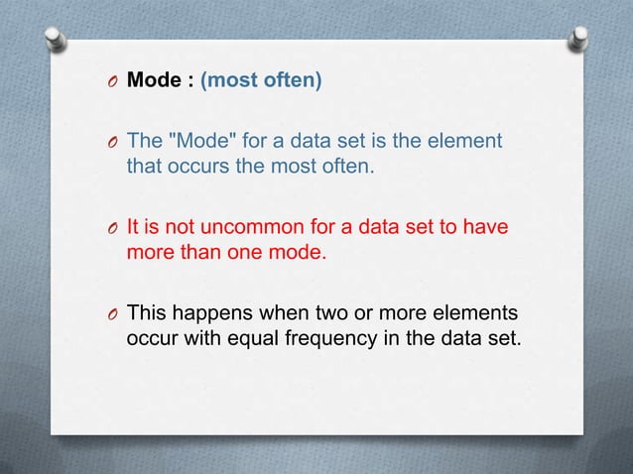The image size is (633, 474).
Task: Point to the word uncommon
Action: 238,228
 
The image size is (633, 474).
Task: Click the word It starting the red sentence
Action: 133,228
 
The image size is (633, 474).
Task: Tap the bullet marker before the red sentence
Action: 115,229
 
